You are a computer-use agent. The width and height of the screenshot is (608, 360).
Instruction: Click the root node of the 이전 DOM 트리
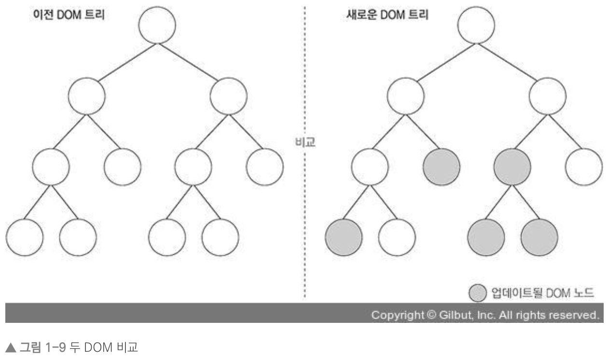(x=157, y=25)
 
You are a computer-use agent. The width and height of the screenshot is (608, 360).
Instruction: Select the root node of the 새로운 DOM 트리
(x=476, y=25)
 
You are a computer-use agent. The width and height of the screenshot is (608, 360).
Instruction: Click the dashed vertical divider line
(x=304, y=217)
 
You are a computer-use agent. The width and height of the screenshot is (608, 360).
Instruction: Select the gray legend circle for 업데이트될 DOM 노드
(x=476, y=292)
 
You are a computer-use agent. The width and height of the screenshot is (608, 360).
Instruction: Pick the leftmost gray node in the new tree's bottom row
(x=344, y=237)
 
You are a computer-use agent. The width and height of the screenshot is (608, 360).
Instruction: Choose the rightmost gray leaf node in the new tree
(x=539, y=237)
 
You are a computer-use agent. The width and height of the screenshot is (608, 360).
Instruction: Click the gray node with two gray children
(x=512, y=167)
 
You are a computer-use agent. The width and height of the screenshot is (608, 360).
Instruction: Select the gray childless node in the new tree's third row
(x=441, y=167)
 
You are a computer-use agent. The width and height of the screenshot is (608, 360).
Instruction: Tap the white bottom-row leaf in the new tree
(x=397, y=237)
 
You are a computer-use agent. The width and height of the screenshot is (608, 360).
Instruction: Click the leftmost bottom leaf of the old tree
(x=25, y=237)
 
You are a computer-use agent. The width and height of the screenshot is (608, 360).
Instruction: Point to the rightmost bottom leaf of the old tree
(x=221, y=237)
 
